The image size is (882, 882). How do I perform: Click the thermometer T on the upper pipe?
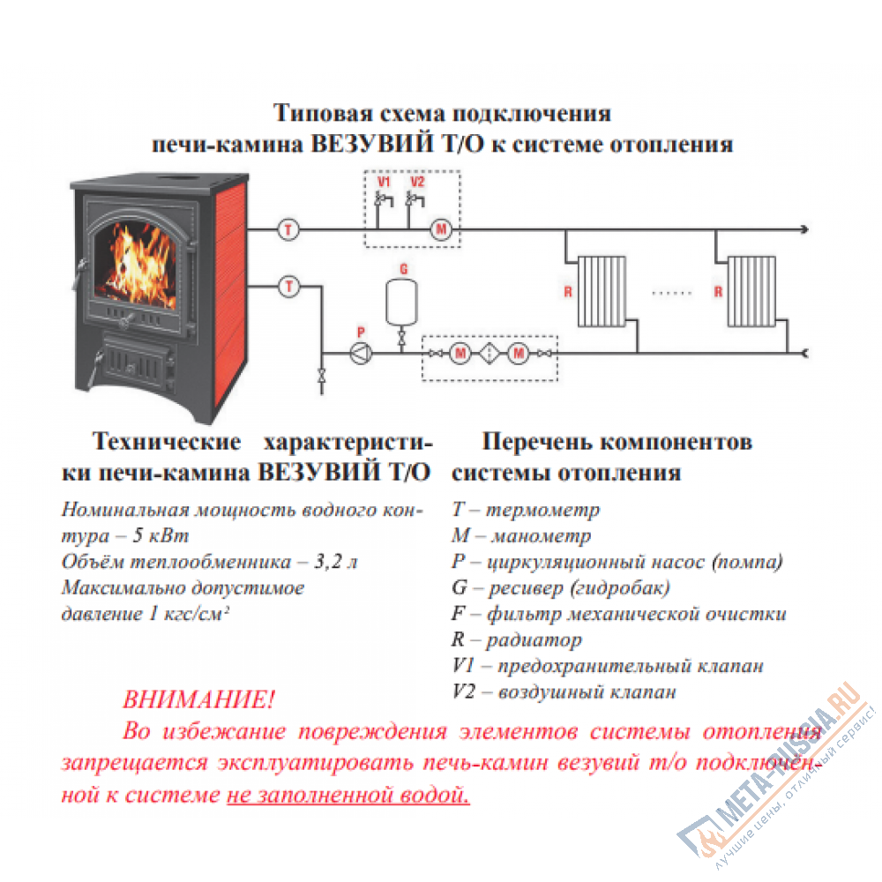click(288, 230)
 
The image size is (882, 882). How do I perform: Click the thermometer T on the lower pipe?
click(288, 286)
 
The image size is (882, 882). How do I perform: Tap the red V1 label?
click(383, 183)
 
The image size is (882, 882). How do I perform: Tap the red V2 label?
click(417, 183)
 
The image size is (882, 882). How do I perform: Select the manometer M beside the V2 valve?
click(440, 231)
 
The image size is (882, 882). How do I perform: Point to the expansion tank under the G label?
click(403, 302)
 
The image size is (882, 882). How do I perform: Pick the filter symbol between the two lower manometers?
click(489, 354)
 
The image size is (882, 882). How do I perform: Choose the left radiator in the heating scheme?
click(602, 291)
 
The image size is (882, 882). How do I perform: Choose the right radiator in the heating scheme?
click(751, 291)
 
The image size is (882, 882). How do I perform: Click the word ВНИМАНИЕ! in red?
click(198, 701)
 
